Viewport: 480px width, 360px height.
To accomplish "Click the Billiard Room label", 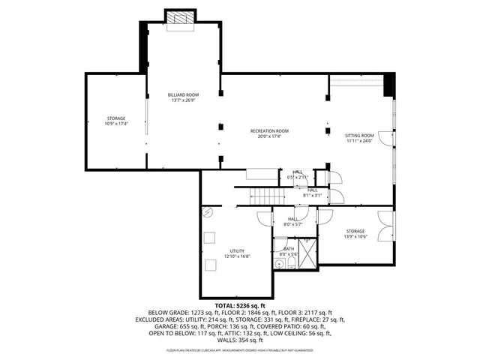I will click(182, 94).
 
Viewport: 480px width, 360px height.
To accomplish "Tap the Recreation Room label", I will click(269, 131).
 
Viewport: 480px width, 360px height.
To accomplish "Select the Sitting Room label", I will click(358, 136).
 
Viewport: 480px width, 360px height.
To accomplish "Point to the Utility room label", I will click(237, 251).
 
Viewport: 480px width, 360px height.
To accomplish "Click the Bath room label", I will click(288, 248).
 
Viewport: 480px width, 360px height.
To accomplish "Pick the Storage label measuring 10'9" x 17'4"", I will click(116, 119).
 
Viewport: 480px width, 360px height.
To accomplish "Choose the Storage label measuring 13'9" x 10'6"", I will click(355, 231).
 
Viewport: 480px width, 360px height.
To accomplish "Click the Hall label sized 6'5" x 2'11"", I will click(297, 172).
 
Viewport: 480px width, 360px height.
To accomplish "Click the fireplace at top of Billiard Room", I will click(180, 18).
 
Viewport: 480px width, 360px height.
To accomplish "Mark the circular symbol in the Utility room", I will click(208, 213).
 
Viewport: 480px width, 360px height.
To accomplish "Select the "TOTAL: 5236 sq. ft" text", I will click(240, 306).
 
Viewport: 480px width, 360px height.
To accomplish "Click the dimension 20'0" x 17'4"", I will click(269, 136).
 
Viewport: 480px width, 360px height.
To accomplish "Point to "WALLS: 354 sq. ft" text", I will click(240, 340).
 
